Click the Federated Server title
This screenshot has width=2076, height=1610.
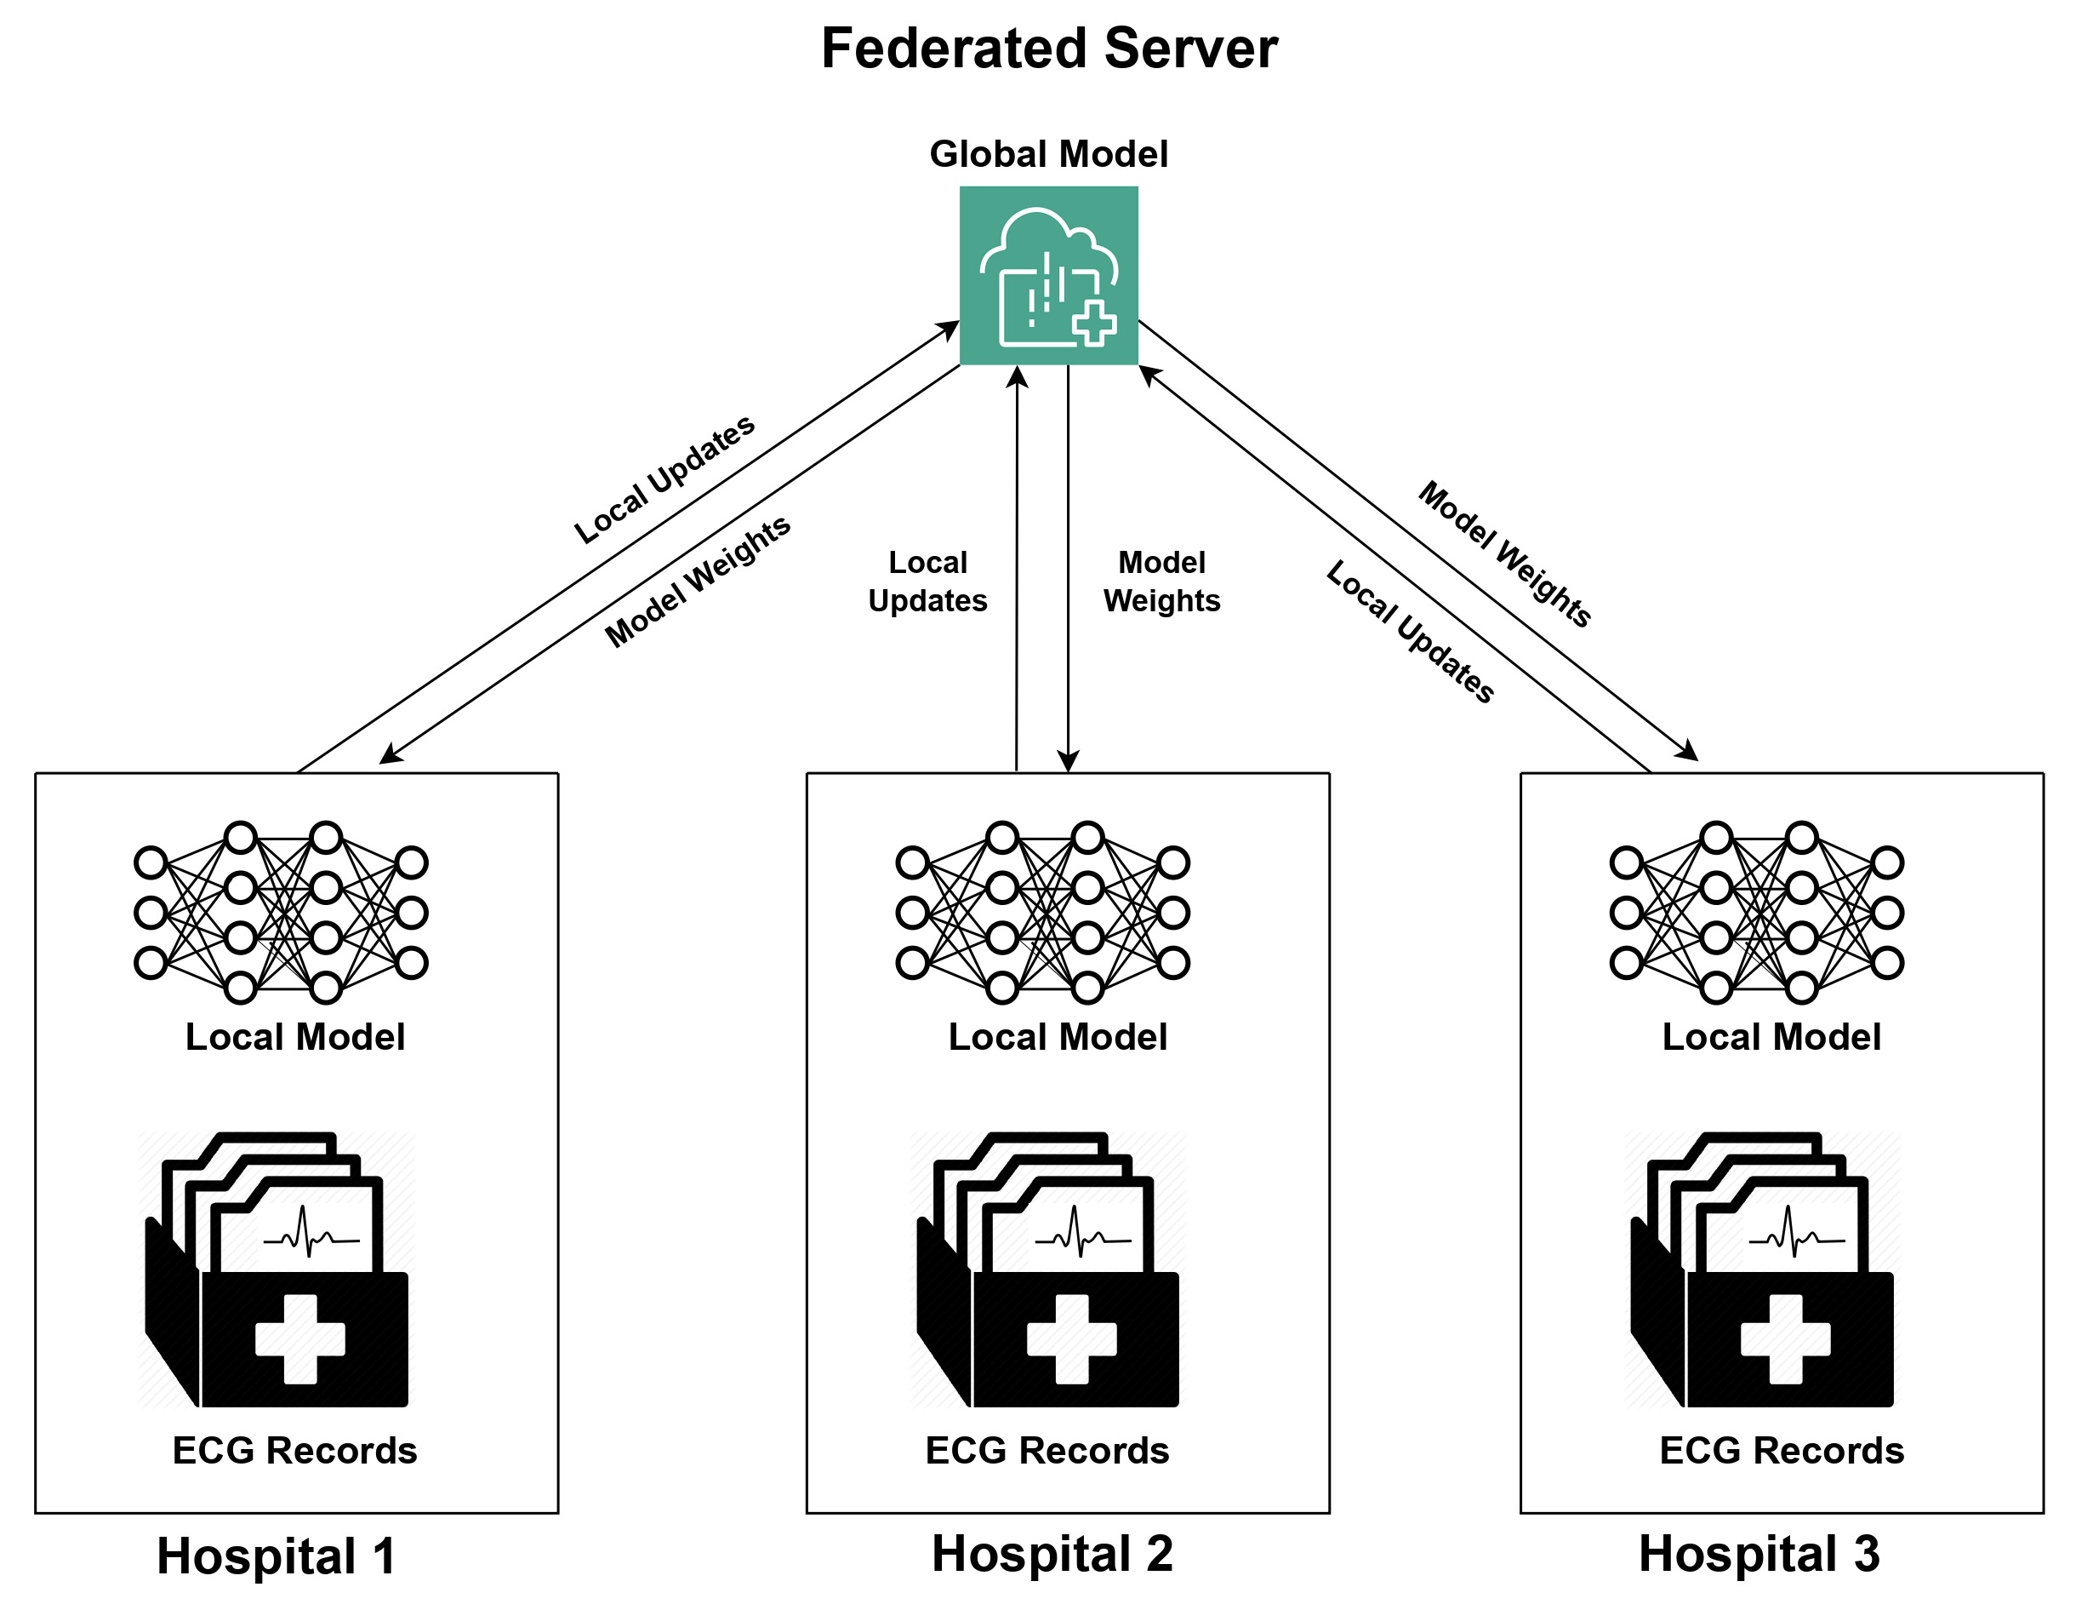(x=1048, y=49)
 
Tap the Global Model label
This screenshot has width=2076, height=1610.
(x=1048, y=154)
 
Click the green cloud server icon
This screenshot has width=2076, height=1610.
(x=1048, y=276)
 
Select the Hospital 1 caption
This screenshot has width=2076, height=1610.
(x=276, y=1556)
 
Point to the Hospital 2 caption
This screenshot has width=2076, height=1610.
(x=1052, y=1554)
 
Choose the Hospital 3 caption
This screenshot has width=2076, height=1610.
(x=1759, y=1554)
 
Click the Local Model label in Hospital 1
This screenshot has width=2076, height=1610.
(x=295, y=1036)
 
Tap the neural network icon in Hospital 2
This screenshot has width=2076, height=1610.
(x=1043, y=913)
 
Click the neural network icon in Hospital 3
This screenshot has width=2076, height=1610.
(x=1757, y=913)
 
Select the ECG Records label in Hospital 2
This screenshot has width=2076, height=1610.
(x=1047, y=1450)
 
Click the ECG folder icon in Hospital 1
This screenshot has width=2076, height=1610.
(x=277, y=1269)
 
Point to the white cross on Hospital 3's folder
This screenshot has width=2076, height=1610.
(x=1785, y=1339)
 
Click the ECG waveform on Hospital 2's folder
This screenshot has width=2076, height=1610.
(x=1083, y=1233)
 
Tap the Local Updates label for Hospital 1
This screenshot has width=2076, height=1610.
(x=664, y=479)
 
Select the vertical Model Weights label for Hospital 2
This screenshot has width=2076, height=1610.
(x=1161, y=581)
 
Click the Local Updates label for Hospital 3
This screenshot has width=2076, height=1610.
(x=1411, y=632)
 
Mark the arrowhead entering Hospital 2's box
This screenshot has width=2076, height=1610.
(x=1069, y=761)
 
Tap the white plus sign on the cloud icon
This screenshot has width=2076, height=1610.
(x=1094, y=324)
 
